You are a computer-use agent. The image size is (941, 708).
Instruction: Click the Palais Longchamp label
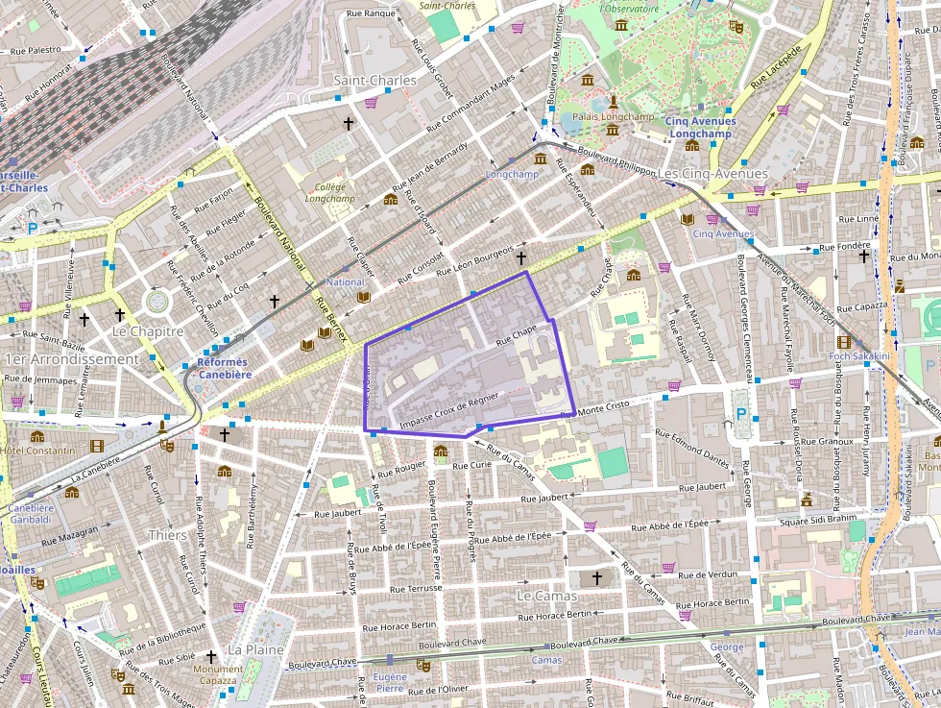[x=613, y=116]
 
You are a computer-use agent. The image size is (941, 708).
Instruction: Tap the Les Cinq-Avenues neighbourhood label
[x=714, y=174]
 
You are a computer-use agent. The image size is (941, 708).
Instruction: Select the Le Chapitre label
[x=147, y=331]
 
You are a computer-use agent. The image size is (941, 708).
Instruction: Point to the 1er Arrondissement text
[x=72, y=359]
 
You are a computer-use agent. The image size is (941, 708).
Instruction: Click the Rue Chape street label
[x=517, y=335]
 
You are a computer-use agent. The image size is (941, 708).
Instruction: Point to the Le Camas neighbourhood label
[x=546, y=596]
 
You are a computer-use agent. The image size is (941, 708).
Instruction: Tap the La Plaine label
[x=255, y=649]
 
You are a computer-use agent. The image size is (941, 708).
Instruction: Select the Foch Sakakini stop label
[x=859, y=356]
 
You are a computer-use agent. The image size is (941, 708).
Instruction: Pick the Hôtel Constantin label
[x=37, y=451]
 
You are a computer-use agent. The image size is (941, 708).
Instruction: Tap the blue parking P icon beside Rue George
[x=740, y=415]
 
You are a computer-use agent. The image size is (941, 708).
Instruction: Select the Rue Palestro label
[x=31, y=49]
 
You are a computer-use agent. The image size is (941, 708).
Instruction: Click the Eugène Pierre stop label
[x=390, y=682]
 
